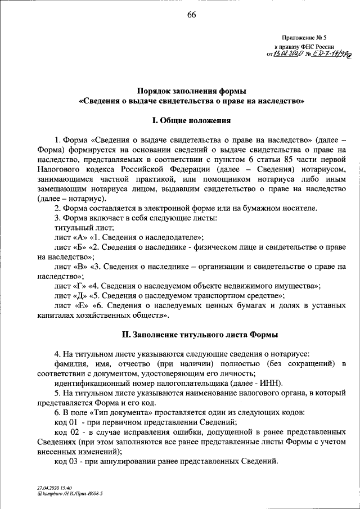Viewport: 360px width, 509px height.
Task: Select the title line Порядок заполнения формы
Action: click(192, 90)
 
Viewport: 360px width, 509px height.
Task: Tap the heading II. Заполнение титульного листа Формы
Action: click(200, 335)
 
